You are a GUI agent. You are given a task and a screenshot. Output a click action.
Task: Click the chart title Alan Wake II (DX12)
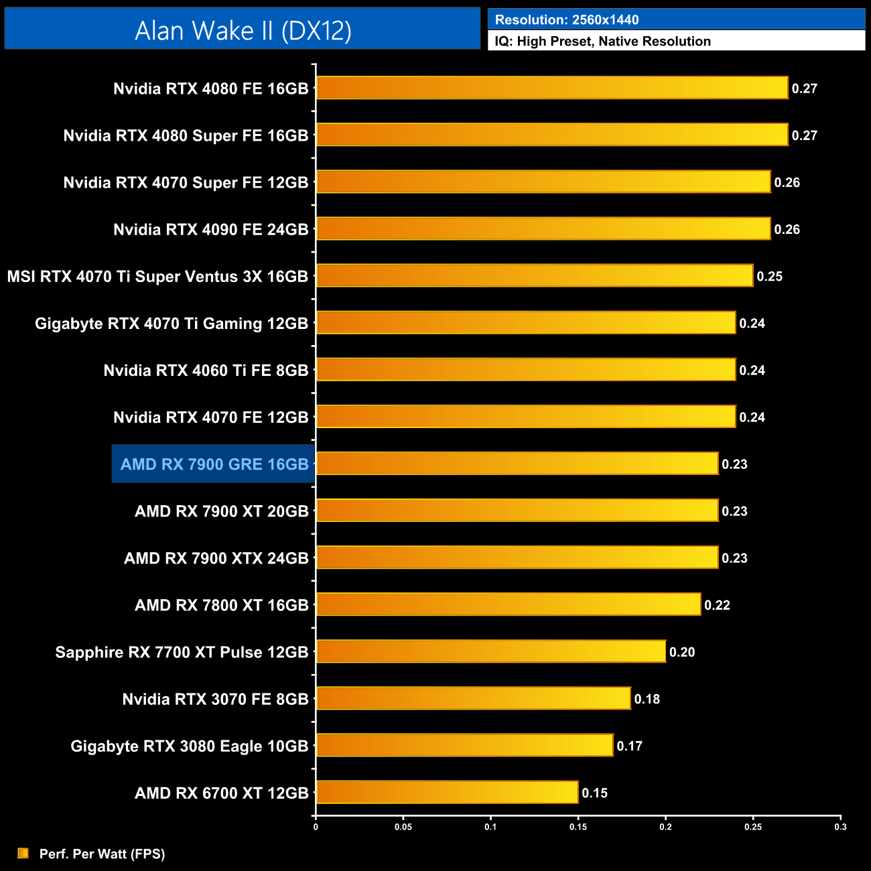click(x=243, y=30)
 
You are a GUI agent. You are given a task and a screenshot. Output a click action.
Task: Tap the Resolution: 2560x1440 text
click(x=566, y=20)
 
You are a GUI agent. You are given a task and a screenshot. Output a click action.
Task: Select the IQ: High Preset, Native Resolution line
click(x=602, y=42)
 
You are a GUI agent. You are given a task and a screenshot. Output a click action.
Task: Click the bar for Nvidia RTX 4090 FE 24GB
click(x=543, y=229)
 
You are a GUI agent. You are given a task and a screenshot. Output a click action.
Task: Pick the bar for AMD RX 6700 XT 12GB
click(x=447, y=793)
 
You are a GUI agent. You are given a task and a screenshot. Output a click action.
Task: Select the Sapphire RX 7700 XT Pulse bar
click(x=491, y=651)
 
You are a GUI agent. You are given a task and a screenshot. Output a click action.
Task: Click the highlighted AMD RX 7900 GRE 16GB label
click(x=214, y=464)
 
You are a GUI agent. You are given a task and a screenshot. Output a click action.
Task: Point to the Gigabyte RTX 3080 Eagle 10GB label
click(x=190, y=746)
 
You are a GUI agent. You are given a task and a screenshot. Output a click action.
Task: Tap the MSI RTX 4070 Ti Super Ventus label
click(x=157, y=277)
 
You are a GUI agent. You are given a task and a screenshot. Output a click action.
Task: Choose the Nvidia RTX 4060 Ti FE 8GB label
click(x=206, y=371)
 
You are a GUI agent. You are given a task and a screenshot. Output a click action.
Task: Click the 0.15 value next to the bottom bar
click(x=594, y=793)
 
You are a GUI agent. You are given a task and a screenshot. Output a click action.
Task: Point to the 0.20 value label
click(x=682, y=653)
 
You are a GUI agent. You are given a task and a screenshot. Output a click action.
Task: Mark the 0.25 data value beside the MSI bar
click(x=769, y=277)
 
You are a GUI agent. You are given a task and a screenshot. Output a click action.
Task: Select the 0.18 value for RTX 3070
click(x=647, y=699)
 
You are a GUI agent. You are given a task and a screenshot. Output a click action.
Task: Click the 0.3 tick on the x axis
click(x=840, y=827)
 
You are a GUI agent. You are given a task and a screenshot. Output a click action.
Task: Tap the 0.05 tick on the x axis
click(x=403, y=827)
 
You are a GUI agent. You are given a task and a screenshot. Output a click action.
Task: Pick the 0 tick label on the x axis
click(x=316, y=827)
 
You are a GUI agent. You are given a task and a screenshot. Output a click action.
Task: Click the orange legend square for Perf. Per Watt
click(x=23, y=854)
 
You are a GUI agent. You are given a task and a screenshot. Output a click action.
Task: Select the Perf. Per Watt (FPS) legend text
click(x=102, y=854)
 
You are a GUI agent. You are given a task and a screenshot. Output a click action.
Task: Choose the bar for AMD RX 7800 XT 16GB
click(x=509, y=604)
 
